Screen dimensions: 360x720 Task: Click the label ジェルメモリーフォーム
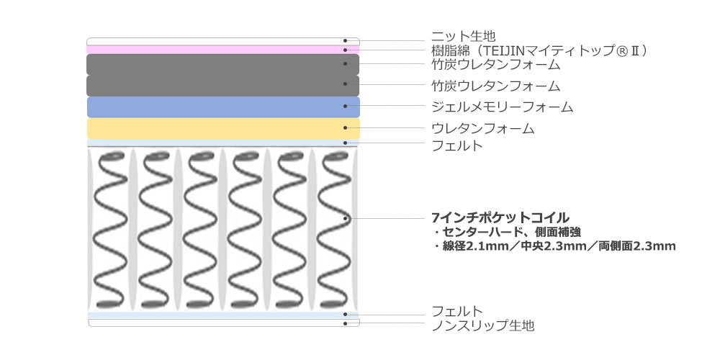pos(502,107)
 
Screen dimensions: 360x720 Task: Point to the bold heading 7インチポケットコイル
pos(500,217)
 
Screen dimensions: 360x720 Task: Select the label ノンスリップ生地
pos(482,326)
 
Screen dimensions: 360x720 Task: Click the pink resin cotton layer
pos(216,50)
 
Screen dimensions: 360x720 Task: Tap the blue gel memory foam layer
pos(216,107)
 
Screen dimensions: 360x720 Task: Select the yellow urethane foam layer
pos(216,129)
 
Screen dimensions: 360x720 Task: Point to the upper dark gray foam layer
pos(216,65)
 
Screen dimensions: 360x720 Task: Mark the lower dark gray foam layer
pos(216,86)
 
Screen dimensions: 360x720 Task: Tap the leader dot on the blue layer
pos(346,107)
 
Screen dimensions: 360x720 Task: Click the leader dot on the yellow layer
pos(346,129)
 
